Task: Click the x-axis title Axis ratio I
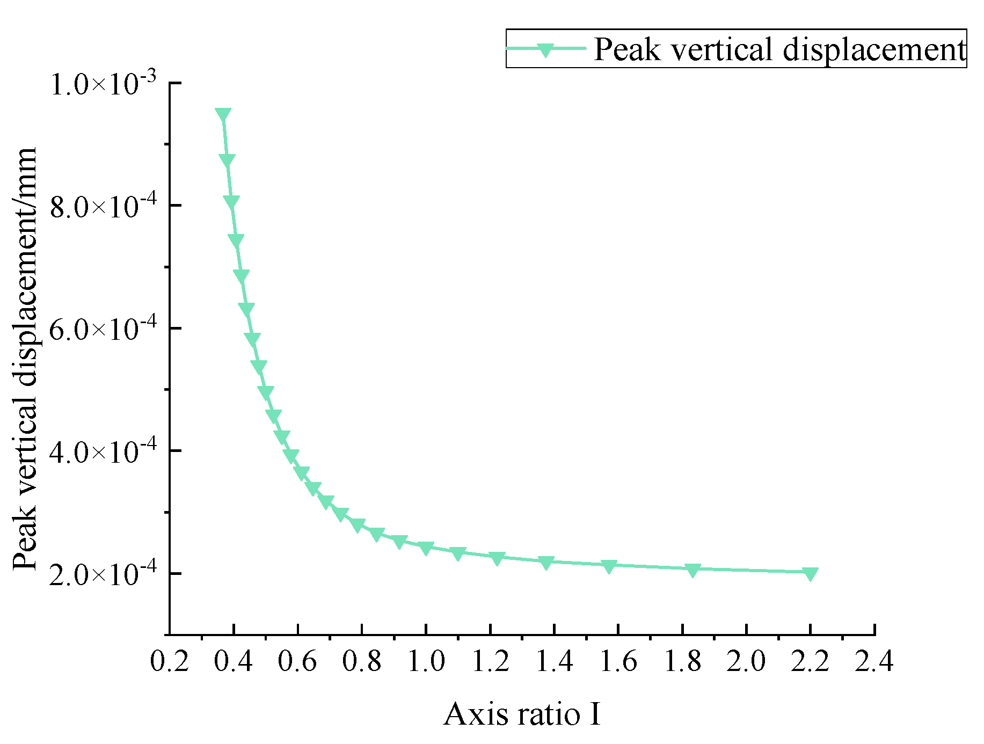522,714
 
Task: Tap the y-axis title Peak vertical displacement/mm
26,358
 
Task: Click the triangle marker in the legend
545,49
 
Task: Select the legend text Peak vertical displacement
779,49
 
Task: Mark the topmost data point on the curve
223,115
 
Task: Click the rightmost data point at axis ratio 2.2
810,573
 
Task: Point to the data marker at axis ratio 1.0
426,548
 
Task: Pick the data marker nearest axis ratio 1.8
693,570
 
